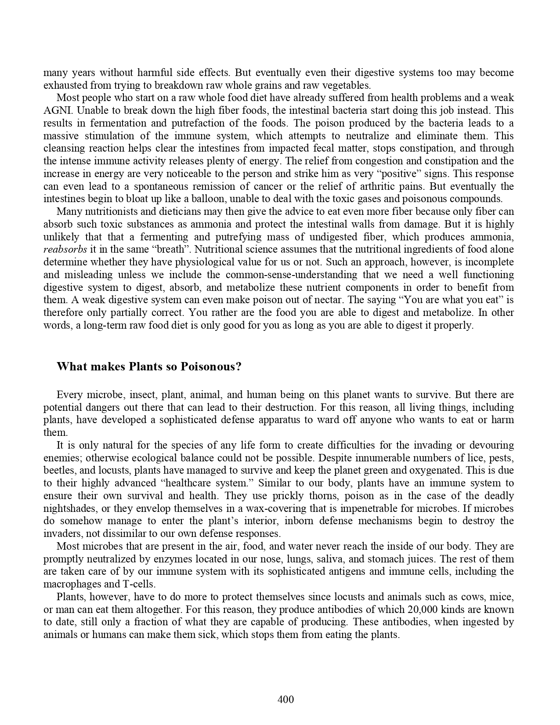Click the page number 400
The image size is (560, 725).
[x=286, y=699]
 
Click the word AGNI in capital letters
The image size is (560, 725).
[x=54, y=110]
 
